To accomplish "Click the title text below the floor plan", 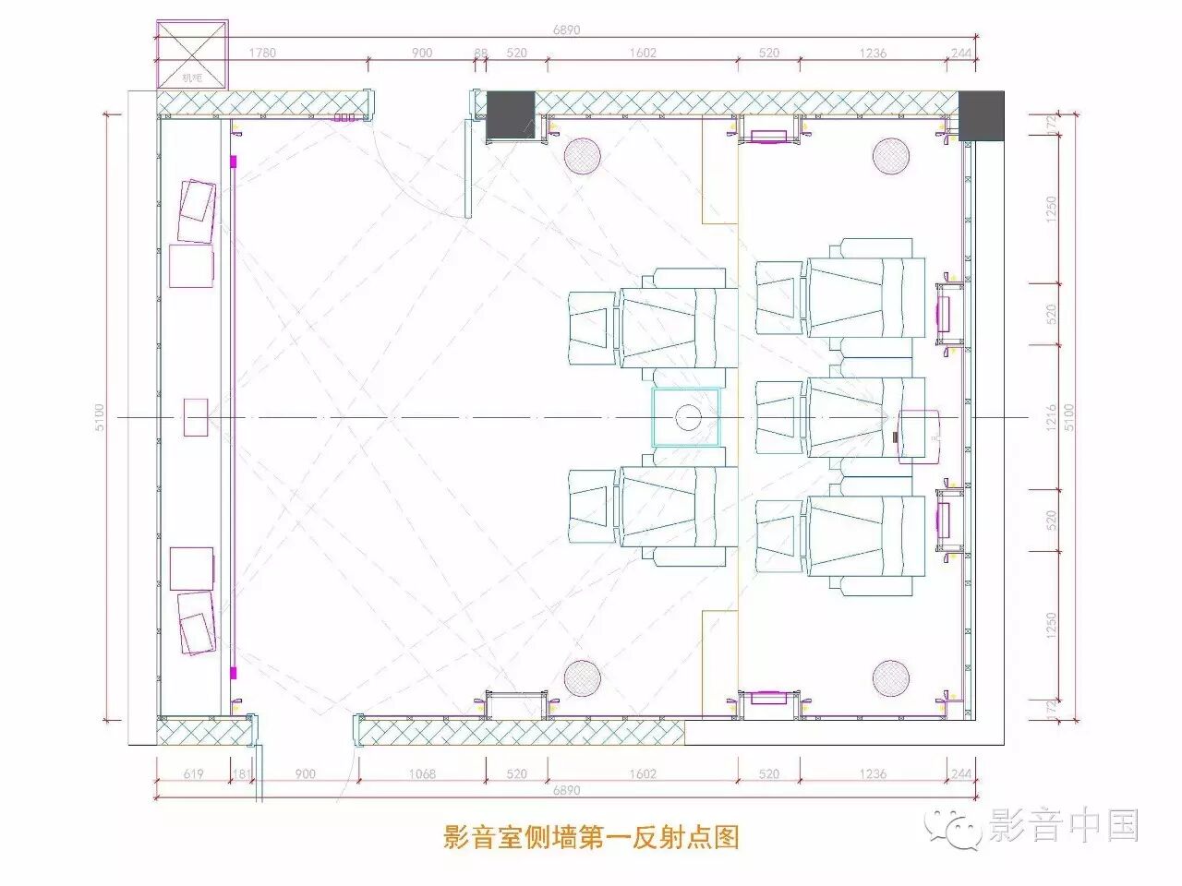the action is point(591,837).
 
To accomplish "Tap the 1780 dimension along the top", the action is point(262,53).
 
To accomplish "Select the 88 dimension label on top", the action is point(480,53).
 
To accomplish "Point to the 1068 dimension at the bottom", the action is point(422,773).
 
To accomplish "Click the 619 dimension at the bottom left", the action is point(193,773).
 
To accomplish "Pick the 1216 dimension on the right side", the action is point(1050,417).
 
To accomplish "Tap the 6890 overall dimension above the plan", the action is point(566,30).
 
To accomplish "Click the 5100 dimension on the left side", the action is point(100,417).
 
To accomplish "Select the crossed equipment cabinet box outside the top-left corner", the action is point(192,55).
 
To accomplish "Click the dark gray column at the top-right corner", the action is point(981,115).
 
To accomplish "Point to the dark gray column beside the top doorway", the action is point(511,115).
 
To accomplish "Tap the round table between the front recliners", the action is point(686,418).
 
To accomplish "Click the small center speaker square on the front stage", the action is point(195,417).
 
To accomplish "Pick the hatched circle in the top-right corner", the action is point(891,156).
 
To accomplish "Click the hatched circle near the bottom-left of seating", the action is point(582,678).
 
